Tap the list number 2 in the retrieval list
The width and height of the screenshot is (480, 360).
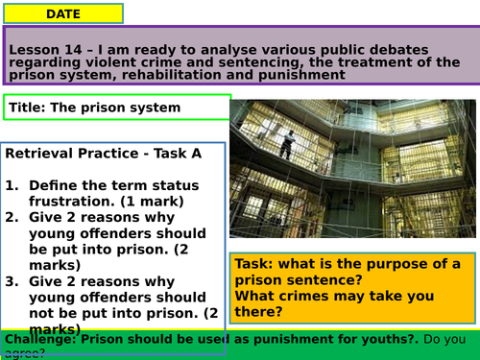[x=12, y=217]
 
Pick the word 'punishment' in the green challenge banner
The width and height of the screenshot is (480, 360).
[x=244, y=338]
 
